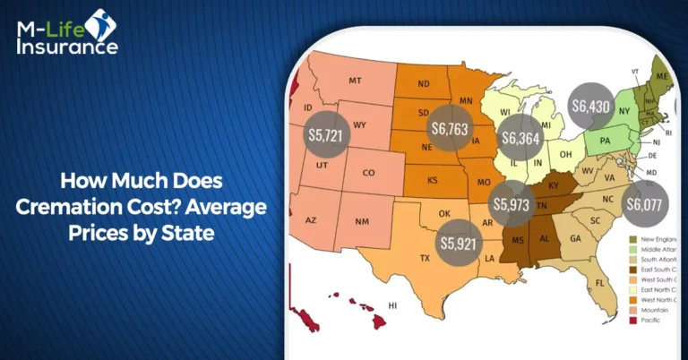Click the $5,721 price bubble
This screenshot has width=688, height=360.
[x=326, y=135]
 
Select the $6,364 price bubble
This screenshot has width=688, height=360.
[x=521, y=138]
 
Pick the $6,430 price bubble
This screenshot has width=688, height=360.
[x=592, y=105]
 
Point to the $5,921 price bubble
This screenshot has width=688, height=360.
[x=460, y=242]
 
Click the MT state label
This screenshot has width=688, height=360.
[x=356, y=81]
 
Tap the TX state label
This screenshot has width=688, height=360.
[x=426, y=258]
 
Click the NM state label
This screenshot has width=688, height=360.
[x=363, y=220]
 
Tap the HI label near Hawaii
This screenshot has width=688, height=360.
[x=391, y=305]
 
